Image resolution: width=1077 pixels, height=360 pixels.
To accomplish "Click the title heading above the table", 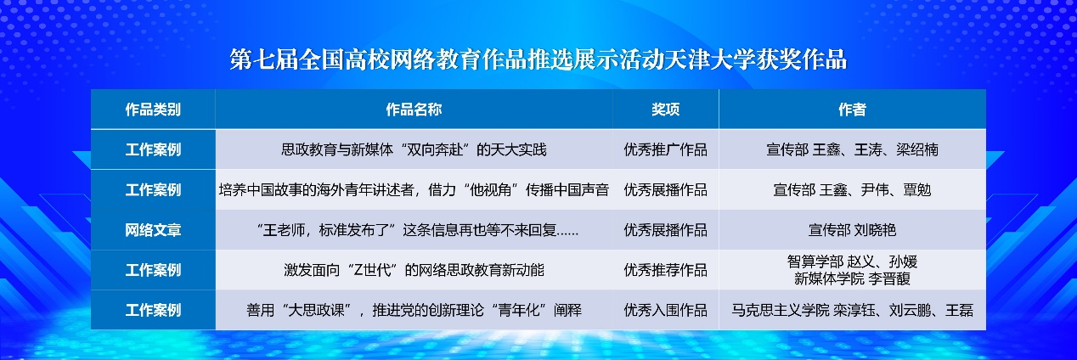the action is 538,59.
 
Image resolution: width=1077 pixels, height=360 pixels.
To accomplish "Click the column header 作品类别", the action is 153,110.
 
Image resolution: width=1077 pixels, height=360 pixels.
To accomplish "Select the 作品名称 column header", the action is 414,110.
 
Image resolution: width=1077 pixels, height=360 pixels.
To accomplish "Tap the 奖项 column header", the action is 665,110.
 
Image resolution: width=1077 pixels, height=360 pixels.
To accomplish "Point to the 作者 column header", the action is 852,110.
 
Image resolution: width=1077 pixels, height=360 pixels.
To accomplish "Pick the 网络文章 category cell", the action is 153,230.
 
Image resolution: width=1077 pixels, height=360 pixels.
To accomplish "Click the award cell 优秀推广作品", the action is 665,149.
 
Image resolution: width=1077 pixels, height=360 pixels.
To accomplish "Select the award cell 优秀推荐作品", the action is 665,270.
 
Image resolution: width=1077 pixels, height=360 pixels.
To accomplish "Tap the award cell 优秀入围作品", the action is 665,310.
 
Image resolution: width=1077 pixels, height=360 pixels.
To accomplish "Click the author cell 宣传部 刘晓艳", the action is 852,230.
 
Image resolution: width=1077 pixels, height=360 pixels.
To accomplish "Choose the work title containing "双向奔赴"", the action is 414,149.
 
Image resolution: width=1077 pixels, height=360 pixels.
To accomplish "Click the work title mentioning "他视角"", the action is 414,190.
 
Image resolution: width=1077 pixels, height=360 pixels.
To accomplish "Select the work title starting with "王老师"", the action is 417,230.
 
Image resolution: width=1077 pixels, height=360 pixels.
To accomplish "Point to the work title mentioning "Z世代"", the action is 414,270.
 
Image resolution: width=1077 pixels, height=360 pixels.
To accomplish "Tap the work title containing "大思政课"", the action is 414,310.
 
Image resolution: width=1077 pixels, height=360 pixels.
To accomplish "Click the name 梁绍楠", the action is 916,149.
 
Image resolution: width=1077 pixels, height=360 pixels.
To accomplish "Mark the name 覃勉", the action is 916,190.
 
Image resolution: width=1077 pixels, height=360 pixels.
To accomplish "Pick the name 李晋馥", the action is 889,278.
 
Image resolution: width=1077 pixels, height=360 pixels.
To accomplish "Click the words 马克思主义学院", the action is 781,310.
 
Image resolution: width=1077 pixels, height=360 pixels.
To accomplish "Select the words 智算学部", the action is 815,262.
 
